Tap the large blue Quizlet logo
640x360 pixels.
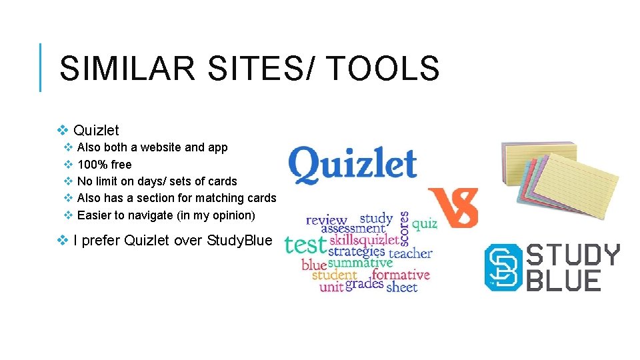point(353,165)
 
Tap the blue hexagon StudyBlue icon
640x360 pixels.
point(503,267)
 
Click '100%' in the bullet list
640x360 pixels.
point(93,165)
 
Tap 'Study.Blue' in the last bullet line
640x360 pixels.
point(240,241)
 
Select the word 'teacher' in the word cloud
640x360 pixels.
point(410,253)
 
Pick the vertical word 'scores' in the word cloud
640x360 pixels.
point(404,227)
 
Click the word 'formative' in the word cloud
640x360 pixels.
point(400,275)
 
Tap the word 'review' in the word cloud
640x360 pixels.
point(326,220)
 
